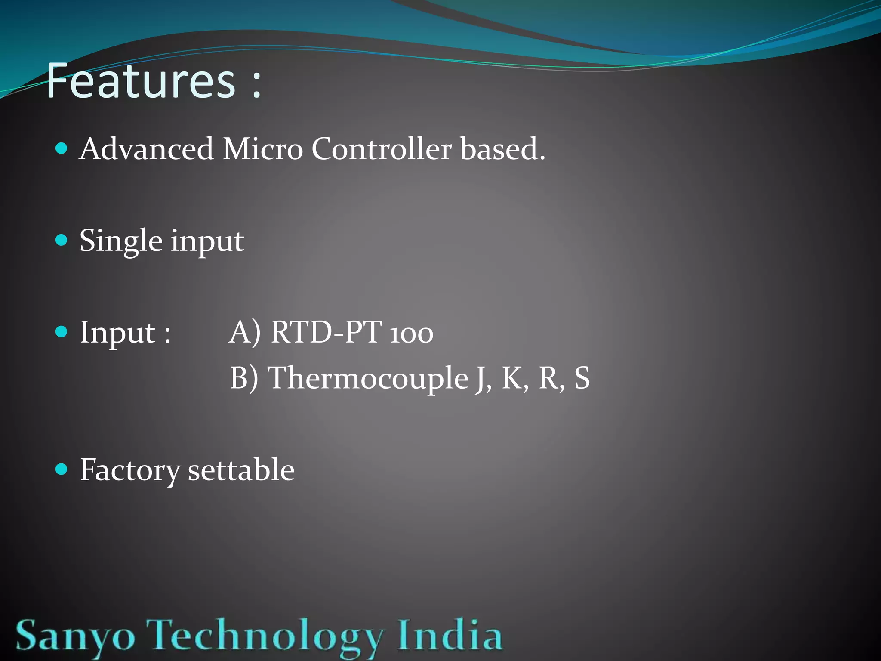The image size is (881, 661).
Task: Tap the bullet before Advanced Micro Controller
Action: coord(62,149)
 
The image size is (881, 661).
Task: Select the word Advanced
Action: coord(146,149)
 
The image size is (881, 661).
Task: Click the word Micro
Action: coord(262,149)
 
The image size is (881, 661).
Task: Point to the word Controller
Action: coord(381,149)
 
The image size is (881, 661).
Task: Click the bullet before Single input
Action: coord(62,240)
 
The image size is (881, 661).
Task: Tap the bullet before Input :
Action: coord(62,332)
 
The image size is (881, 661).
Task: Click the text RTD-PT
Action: coord(327,332)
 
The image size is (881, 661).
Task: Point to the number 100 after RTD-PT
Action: coord(411,334)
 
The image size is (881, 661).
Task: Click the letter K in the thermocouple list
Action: coord(514,378)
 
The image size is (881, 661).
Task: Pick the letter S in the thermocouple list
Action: coord(582,378)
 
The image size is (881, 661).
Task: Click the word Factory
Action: coord(130,470)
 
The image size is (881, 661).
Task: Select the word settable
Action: coord(241,469)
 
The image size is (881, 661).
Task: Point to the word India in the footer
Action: coord(450,635)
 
